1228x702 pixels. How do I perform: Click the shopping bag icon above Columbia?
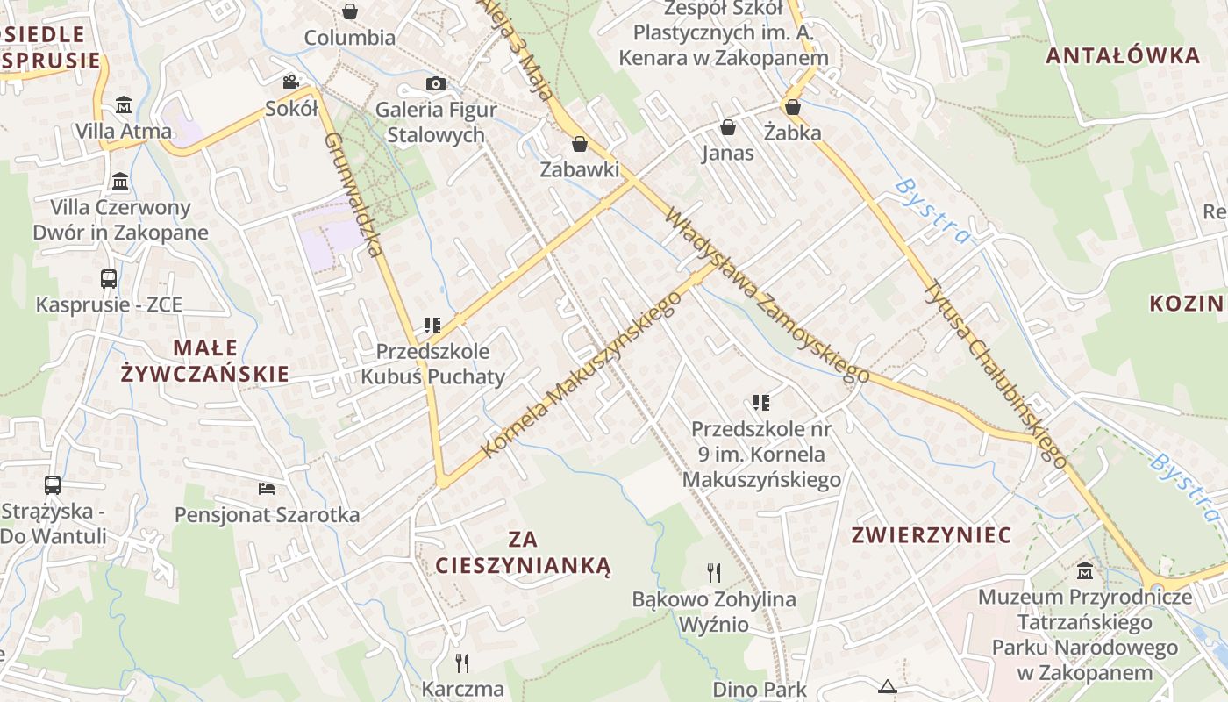(x=350, y=11)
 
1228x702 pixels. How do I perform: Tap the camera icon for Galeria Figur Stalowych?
(x=435, y=84)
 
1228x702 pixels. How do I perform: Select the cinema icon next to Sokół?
(x=290, y=82)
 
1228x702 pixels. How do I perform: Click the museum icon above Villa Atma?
(x=124, y=105)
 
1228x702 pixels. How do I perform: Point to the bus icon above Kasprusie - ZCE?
(x=109, y=279)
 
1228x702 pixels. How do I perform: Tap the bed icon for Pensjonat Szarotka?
(x=267, y=488)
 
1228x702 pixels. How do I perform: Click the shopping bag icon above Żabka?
(x=793, y=107)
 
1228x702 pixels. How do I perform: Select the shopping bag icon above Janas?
(x=727, y=127)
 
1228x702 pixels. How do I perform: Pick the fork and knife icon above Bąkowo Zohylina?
(x=714, y=573)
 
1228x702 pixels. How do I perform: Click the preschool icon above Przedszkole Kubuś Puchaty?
(x=432, y=326)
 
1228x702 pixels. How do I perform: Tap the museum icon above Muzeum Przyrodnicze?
(x=1085, y=570)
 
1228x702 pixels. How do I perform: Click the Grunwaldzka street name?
(x=355, y=195)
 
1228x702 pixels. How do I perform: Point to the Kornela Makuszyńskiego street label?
(x=582, y=375)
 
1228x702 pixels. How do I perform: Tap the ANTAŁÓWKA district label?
(x=1123, y=56)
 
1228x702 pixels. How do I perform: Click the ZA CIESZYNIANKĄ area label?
(x=523, y=552)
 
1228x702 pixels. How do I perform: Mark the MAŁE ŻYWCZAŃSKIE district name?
(x=204, y=361)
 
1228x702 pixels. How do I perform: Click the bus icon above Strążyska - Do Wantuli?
(x=53, y=485)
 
